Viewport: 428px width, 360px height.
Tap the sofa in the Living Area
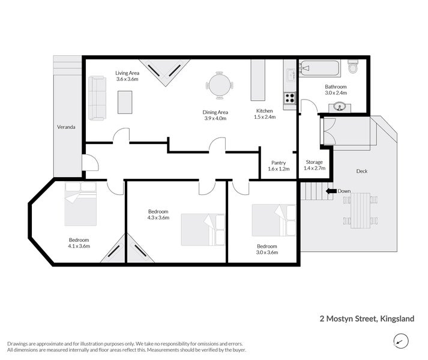pos(97,97)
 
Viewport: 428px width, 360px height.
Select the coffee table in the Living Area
pos(125,101)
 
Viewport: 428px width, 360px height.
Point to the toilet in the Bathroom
pos(353,67)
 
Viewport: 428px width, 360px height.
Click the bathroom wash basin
pos(340,107)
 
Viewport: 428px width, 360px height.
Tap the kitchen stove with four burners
pos(289,98)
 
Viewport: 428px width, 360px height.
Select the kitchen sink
pos(289,76)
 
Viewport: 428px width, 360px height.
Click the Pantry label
pos(278,163)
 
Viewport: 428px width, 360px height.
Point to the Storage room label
pos(314,163)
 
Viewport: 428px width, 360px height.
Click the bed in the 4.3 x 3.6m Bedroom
pos(202,229)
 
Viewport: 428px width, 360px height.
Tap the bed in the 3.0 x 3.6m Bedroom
pos(273,220)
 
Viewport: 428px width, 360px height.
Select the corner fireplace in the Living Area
pos(164,71)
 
